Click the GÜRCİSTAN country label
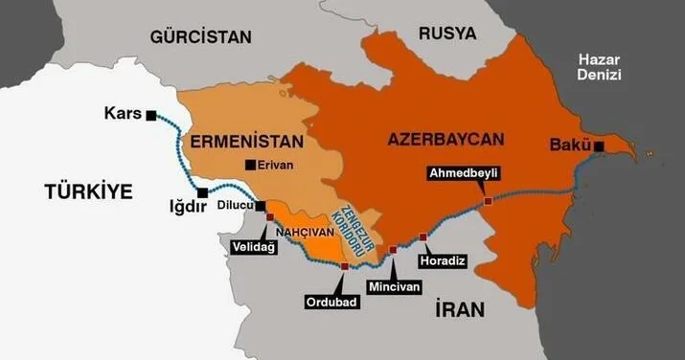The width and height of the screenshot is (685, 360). pos(200,37)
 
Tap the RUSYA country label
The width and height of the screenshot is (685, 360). pos(446,34)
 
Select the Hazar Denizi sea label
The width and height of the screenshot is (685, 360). pos(600,67)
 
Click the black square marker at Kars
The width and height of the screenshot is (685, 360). pos(151,115)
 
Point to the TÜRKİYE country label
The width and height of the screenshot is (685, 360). pos(87,191)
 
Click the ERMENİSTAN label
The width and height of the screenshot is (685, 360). pos(247,142)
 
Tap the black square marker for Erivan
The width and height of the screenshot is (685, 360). pos(250,164)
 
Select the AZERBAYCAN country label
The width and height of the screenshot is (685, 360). pos(445,140)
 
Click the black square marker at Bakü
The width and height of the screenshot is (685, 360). pos(598,146)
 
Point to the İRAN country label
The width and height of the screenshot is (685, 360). pos(459,309)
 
